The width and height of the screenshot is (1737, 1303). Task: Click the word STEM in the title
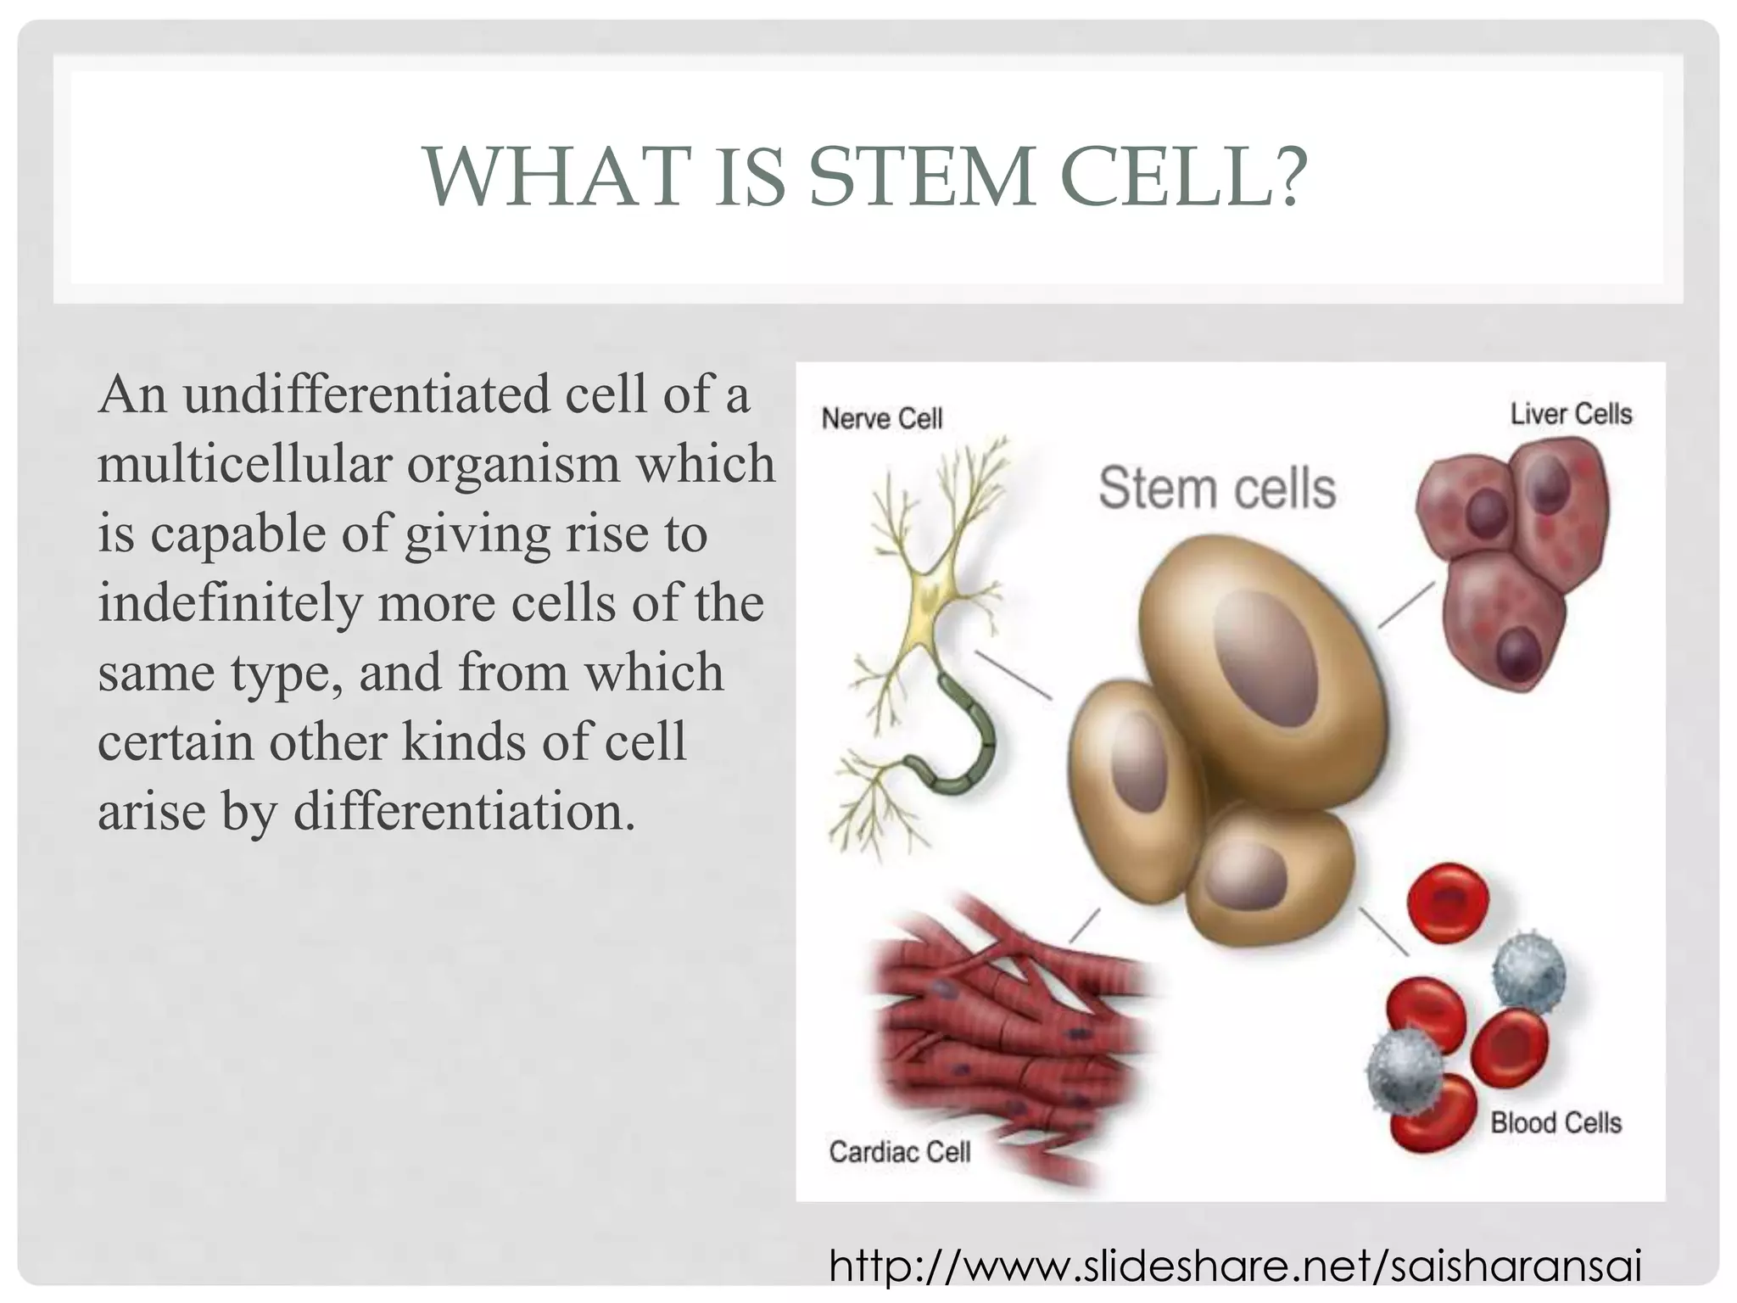click(x=921, y=178)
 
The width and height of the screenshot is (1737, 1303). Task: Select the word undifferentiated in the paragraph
click(x=367, y=395)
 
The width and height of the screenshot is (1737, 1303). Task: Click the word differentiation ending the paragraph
click(x=464, y=812)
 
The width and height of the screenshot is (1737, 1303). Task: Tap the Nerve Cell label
click(x=881, y=419)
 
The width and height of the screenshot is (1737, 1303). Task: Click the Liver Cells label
click(x=1571, y=414)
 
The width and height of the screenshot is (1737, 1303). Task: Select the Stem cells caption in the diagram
click(x=1216, y=489)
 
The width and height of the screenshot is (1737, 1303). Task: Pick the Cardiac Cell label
click(x=899, y=1152)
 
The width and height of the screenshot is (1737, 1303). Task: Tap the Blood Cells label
click(x=1555, y=1123)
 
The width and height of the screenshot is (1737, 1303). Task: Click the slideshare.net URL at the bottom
click(x=1235, y=1267)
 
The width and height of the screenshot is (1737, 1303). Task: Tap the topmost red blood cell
click(x=1448, y=903)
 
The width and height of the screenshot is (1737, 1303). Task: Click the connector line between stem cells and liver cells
click(x=1406, y=604)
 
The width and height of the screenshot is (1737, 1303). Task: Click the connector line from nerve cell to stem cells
click(x=1013, y=675)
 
